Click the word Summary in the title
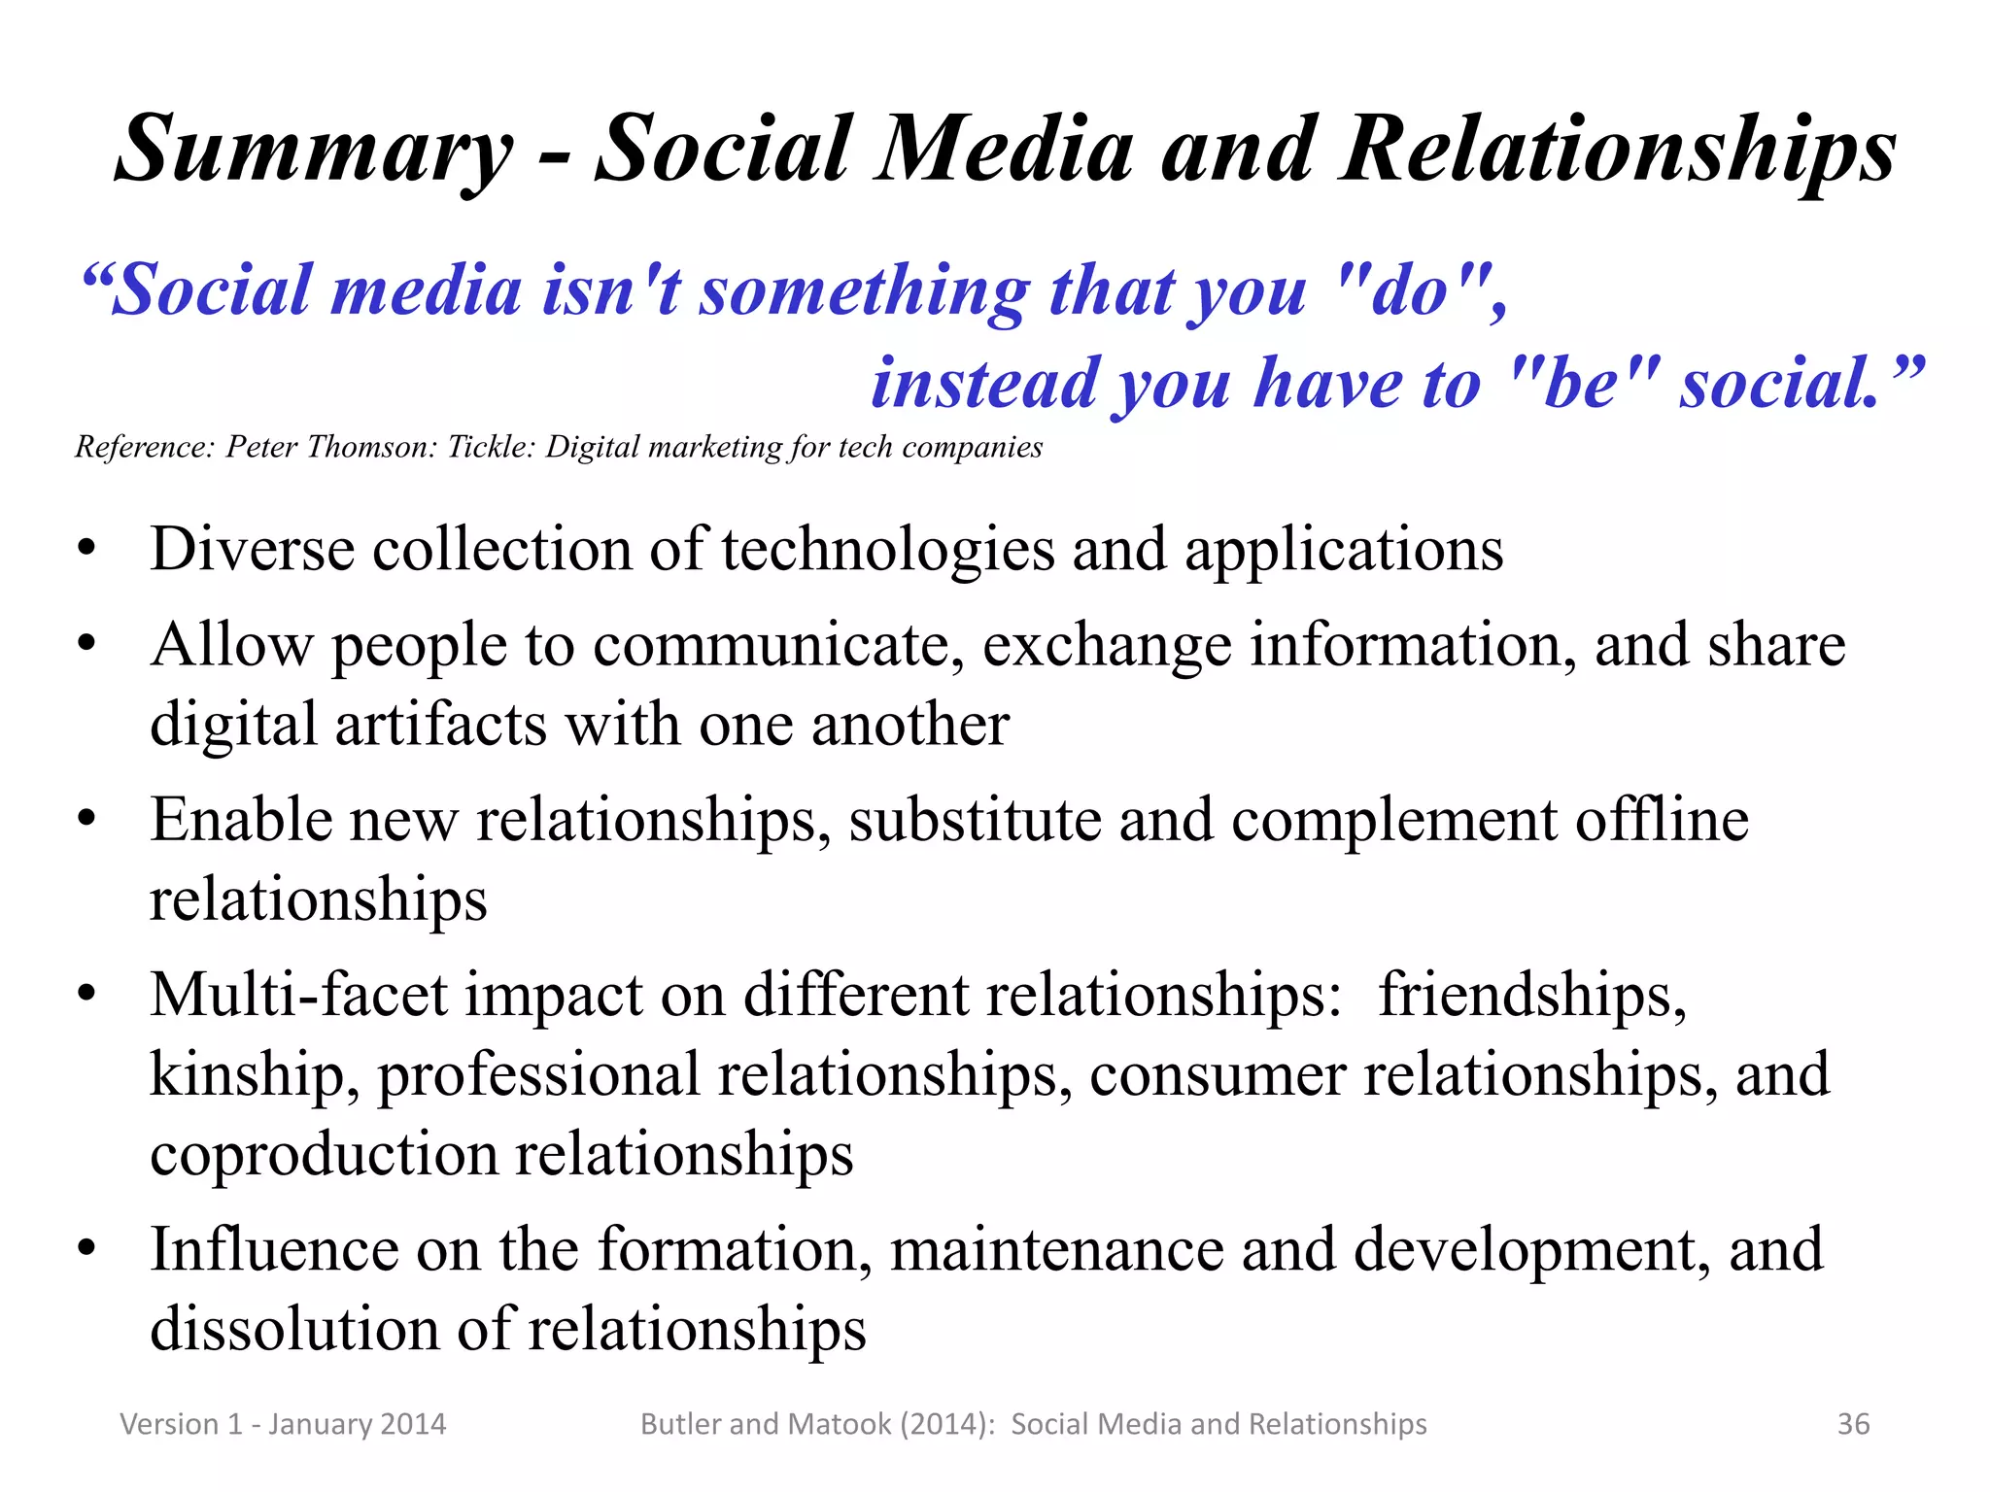[314, 151]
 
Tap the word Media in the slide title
[1004, 151]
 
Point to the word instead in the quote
[984, 384]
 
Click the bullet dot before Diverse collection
[87, 550]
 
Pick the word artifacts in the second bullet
[441, 725]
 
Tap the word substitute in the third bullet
[975, 820]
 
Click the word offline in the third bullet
[1662, 820]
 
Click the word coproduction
[325, 1155]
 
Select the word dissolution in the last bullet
[294, 1330]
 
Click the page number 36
[1853, 1424]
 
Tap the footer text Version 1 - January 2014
[283, 1424]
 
